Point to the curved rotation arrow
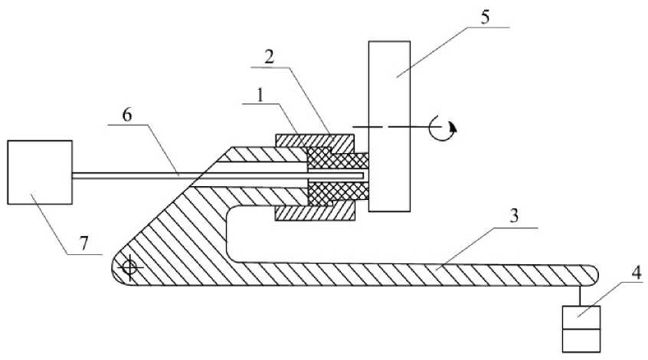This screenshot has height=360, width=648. (x=444, y=126)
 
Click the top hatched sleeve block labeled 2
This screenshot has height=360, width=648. (x=314, y=142)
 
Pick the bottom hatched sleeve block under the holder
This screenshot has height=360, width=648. (x=314, y=210)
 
